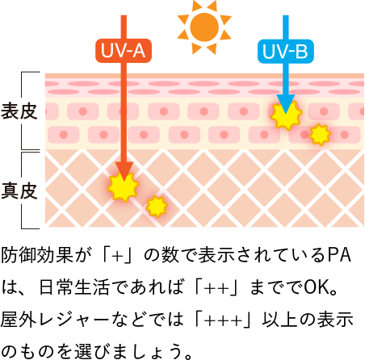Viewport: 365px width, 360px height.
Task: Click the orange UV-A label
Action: [x=124, y=51]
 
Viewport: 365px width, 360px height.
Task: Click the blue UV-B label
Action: [x=286, y=51]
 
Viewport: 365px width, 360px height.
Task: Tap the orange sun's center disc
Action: [x=204, y=27]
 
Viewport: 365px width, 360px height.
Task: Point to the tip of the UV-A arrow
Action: [x=124, y=181]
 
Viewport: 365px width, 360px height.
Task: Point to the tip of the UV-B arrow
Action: [x=286, y=114]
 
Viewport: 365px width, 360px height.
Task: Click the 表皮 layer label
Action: [x=19, y=111]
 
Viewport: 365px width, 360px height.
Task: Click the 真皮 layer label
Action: [x=19, y=190]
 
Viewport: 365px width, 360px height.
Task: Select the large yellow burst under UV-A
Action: [x=124, y=186]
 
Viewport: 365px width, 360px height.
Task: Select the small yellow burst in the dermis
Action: [x=157, y=207]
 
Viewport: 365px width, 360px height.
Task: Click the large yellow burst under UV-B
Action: [x=286, y=115]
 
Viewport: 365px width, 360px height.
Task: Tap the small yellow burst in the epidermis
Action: [x=320, y=135]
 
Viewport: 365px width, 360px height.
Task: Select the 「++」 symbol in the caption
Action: [x=216, y=287]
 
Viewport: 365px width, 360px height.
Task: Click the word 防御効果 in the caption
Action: [x=37, y=255]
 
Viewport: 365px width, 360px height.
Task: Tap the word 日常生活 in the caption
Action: [x=74, y=287]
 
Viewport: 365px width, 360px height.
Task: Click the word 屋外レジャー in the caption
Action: [x=55, y=320]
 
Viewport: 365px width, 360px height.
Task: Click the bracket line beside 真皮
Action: [x=22, y=190]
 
